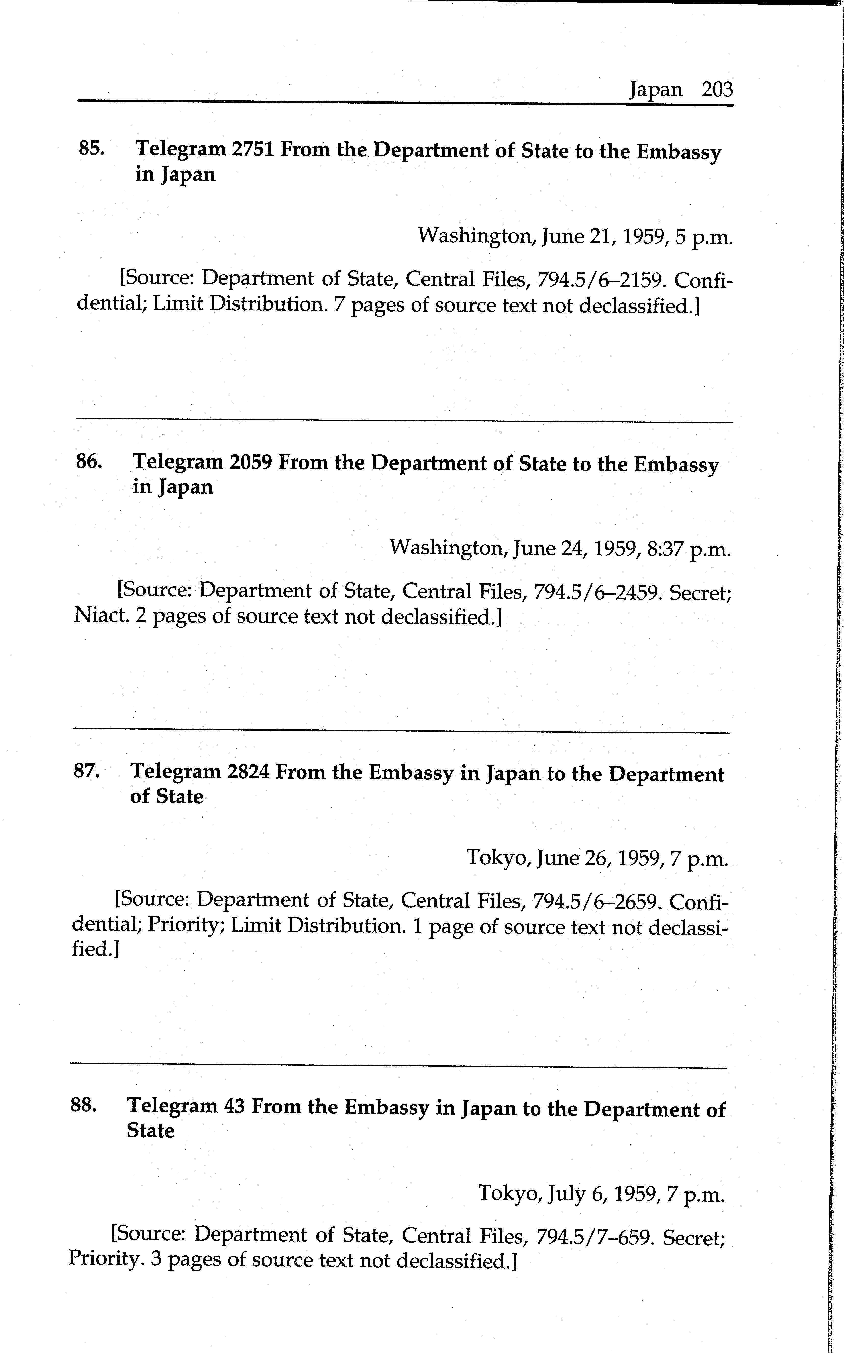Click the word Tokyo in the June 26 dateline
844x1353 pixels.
point(498,857)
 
